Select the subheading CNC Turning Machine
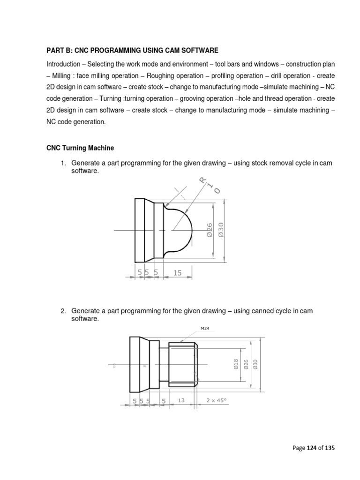point(80,148)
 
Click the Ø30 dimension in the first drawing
point(221,230)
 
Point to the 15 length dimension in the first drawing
point(178,272)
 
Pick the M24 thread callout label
point(205,329)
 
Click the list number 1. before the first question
point(64,163)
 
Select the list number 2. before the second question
point(64,311)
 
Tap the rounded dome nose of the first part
point(185,230)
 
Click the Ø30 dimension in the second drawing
point(255,364)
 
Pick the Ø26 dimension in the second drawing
point(246,364)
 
